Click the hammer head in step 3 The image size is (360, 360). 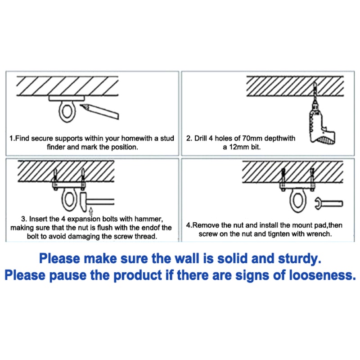pos(83,202)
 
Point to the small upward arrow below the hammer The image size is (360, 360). pos(91,211)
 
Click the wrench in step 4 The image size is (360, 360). pos(328,203)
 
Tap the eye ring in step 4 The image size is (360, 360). pos(291,201)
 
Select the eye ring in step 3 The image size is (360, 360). pos(63,199)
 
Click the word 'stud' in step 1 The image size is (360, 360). pos(167,138)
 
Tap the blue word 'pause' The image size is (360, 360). pos(68,276)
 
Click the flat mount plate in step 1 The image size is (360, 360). pos(67,99)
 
